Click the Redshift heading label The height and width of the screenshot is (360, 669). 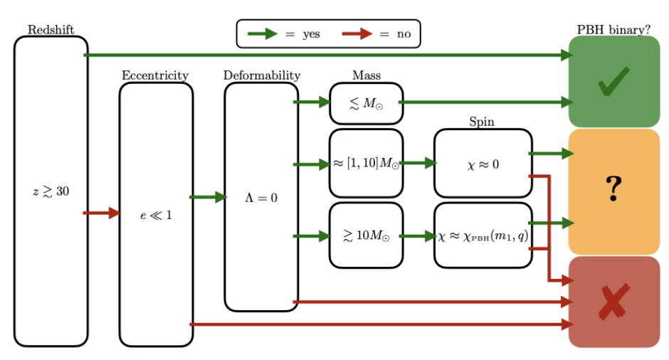click(x=51, y=29)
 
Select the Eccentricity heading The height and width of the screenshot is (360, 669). click(x=155, y=75)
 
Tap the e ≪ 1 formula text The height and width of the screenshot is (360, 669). click(x=156, y=214)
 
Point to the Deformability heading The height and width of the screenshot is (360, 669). click(x=262, y=75)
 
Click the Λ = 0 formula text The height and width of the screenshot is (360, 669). click(x=261, y=197)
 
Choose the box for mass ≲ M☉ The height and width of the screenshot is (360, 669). click(x=366, y=103)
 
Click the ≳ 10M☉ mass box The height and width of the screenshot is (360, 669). click(x=366, y=235)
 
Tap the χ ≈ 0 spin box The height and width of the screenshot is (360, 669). click(x=483, y=164)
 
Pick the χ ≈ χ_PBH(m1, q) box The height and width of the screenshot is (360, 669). click(x=483, y=235)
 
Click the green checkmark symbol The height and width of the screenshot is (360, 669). click(x=613, y=82)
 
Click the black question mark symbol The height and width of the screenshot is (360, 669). click(x=613, y=189)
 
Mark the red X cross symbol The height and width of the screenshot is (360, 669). click(x=613, y=302)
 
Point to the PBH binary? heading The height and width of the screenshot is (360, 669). click(x=613, y=30)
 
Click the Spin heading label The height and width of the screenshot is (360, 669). click(x=482, y=122)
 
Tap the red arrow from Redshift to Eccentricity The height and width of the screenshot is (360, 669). click(x=102, y=213)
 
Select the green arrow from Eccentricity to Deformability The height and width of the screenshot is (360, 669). click(x=208, y=197)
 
